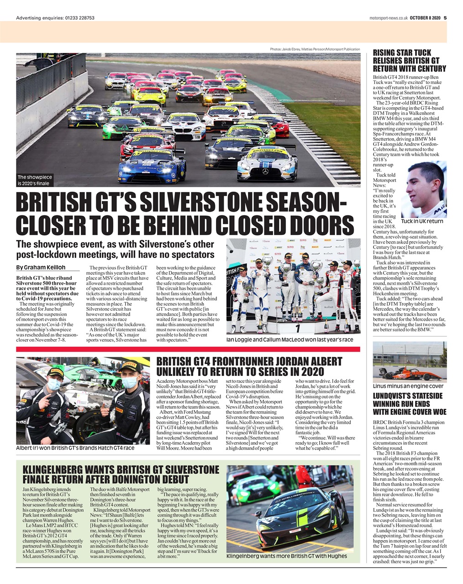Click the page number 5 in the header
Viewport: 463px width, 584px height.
445,18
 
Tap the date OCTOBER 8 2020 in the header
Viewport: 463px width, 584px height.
425,18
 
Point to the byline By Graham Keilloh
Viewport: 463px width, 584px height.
41,267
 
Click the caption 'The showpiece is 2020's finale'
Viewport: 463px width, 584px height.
35,180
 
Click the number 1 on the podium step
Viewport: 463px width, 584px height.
297,328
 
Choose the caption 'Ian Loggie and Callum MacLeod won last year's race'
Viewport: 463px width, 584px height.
289,340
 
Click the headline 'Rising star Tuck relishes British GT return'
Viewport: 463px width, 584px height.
409,61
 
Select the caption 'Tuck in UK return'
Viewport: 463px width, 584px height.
422,221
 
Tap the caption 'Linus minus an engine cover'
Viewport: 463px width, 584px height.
408,386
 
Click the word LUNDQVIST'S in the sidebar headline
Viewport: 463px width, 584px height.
396,396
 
